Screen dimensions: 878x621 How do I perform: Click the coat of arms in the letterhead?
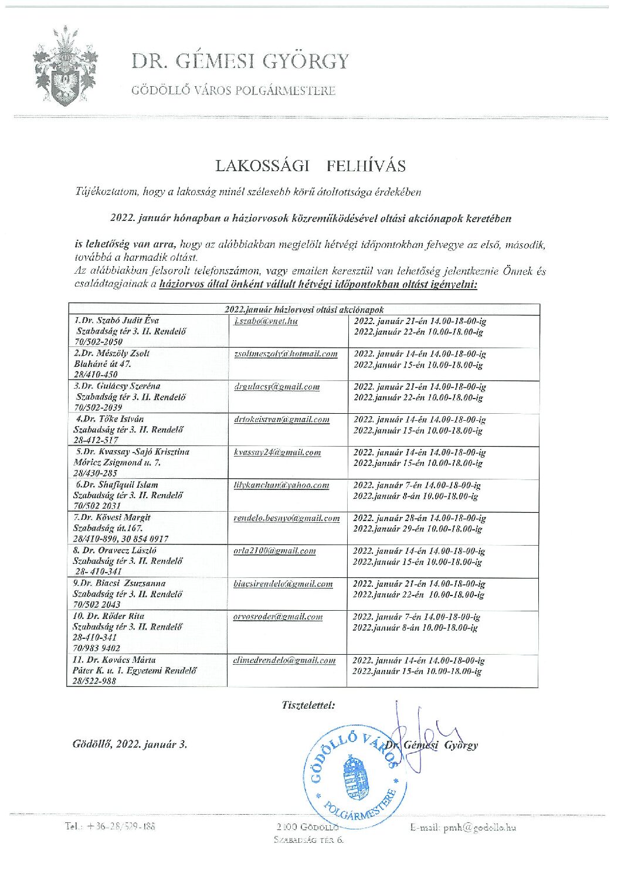pyautogui.click(x=65, y=66)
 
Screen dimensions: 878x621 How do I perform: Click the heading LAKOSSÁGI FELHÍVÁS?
pyautogui.click(x=310, y=166)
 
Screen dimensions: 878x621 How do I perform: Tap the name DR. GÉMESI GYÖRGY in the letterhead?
pyautogui.click(x=240, y=61)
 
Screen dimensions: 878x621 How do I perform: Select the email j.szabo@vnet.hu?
pyautogui.click(x=266, y=321)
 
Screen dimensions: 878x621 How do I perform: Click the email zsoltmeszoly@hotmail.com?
pyautogui.click(x=286, y=353)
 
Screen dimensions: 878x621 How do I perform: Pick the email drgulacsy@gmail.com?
pyautogui.click(x=277, y=386)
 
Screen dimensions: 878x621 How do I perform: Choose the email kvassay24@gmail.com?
pyautogui.click(x=277, y=452)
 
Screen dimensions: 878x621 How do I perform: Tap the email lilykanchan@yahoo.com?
pyautogui.click(x=281, y=485)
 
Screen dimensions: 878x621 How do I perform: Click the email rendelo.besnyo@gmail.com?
pyautogui.click(x=286, y=518)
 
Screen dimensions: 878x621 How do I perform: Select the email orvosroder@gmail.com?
pyautogui.click(x=278, y=616)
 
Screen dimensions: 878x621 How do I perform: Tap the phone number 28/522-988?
pyautogui.click(x=94, y=681)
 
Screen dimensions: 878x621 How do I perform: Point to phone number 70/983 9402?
pyautogui.click(x=96, y=648)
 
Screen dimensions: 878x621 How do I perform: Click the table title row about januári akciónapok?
pyautogui.click(x=304, y=309)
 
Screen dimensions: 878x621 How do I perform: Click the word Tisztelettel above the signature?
pyautogui.click(x=308, y=705)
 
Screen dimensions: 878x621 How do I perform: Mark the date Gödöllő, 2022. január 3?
pyautogui.click(x=130, y=744)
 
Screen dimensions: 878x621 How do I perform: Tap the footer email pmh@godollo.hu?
pyautogui.click(x=463, y=827)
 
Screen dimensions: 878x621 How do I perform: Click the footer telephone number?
pyautogui.click(x=110, y=826)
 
